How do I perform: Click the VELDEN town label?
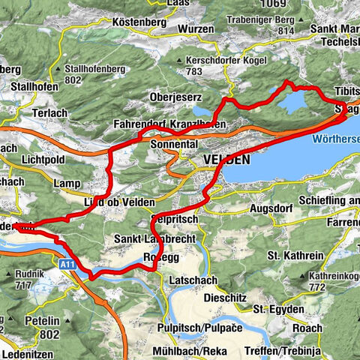(226, 160)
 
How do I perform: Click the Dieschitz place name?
(226, 297)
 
